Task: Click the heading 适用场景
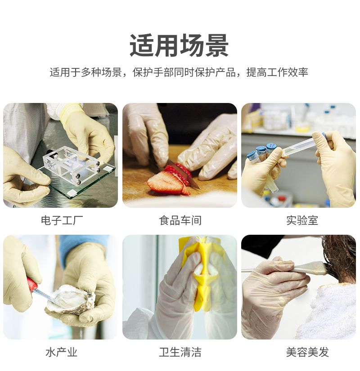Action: pyautogui.click(x=179, y=45)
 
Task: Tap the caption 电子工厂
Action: pyautogui.click(x=62, y=220)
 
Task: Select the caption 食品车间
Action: pyautogui.click(x=180, y=220)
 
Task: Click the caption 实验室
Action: pyautogui.click(x=302, y=220)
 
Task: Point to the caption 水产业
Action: pyautogui.click(x=61, y=352)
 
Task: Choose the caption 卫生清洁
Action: pyautogui.click(x=180, y=352)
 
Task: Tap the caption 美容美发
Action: pyautogui.click(x=307, y=352)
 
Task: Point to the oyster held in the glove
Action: pyautogui.click(x=71, y=300)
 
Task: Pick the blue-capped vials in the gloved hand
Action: pyautogui.click(x=261, y=154)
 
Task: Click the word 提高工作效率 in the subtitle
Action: pyautogui.click(x=277, y=72)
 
